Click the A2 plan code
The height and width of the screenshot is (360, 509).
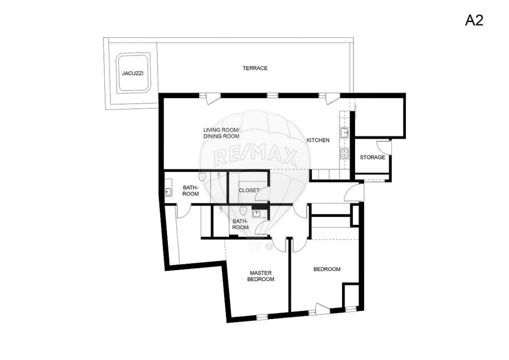[x=474, y=20]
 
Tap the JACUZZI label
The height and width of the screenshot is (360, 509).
[x=132, y=73]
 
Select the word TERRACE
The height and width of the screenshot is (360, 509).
[x=255, y=68]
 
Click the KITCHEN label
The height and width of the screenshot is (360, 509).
[x=318, y=140]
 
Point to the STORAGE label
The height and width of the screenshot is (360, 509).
[x=372, y=157]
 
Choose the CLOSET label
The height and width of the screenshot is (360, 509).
[x=248, y=190]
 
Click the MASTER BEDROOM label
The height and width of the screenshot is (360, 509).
[x=260, y=276]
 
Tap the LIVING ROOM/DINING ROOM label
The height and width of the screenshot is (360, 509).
[x=221, y=133]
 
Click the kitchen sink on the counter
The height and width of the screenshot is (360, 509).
[x=344, y=132]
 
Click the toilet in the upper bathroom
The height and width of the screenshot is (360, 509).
[x=202, y=176]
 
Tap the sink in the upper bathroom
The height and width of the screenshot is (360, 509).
[x=168, y=191]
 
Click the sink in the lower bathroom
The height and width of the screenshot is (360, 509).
[x=256, y=214]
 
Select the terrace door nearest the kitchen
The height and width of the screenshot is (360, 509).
[x=330, y=98]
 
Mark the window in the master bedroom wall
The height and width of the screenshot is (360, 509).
[x=261, y=316]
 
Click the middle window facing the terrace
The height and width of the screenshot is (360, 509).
[x=272, y=95]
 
